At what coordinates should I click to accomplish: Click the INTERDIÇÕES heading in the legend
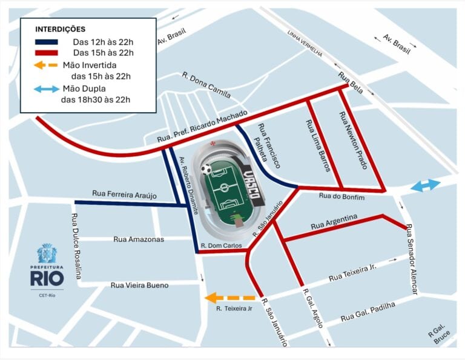(61, 29)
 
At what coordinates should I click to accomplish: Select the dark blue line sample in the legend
(47, 42)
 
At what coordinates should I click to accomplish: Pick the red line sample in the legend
(47, 53)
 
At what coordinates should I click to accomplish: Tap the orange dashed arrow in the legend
(45, 65)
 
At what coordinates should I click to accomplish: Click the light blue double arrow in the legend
(46, 89)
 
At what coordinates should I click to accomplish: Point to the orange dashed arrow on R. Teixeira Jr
(229, 298)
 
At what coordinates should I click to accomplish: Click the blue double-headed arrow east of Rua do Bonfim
(426, 186)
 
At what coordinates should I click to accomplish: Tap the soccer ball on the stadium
(207, 169)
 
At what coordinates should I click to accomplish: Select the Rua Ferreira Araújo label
(124, 194)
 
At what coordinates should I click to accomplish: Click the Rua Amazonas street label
(139, 239)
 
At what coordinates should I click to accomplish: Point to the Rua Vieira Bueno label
(139, 285)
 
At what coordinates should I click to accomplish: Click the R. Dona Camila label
(206, 85)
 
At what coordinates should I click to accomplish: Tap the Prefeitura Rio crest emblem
(46, 253)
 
